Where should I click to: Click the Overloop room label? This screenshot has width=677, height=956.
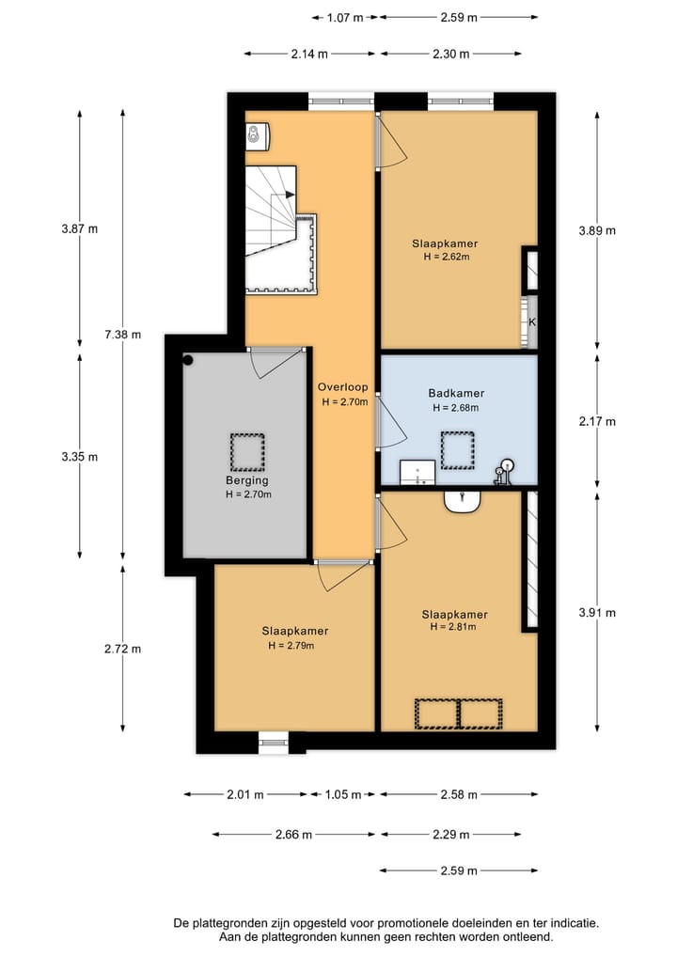pyautogui.click(x=343, y=387)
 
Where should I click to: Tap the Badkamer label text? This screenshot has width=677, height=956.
pyautogui.click(x=456, y=394)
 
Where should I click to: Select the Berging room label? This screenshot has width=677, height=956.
pyautogui.click(x=247, y=481)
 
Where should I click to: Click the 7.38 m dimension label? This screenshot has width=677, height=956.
pyautogui.click(x=122, y=334)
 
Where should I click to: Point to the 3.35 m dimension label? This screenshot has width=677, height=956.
pyautogui.click(x=79, y=457)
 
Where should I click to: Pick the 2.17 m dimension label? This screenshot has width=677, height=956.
pyautogui.click(x=597, y=421)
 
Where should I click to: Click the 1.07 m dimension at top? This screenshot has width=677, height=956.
pyautogui.click(x=345, y=18)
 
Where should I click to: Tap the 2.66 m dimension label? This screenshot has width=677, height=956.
pyautogui.click(x=293, y=835)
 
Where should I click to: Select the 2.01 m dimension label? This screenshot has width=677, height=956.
pyautogui.click(x=245, y=794)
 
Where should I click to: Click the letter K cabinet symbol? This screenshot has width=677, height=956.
pyautogui.click(x=532, y=321)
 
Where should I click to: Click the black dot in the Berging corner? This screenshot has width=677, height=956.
pyautogui.click(x=188, y=360)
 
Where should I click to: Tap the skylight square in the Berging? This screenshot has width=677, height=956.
pyautogui.click(x=247, y=452)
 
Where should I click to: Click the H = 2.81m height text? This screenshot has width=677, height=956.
pyautogui.click(x=453, y=627)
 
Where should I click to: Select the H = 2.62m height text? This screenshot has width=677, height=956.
pyautogui.click(x=447, y=257)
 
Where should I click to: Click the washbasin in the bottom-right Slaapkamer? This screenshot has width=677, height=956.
pyautogui.click(x=463, y=501)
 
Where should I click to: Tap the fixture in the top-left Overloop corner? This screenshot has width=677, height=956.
pyautogui.click(x=258, y=135)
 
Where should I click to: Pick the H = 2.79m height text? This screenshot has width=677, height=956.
pyautogui.click(x=291, y=646)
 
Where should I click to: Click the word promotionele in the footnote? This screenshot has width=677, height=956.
pyautogui.click(x=408, y=923)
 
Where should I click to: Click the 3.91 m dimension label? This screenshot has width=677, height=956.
pyautogui.click(x=597, y=613)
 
